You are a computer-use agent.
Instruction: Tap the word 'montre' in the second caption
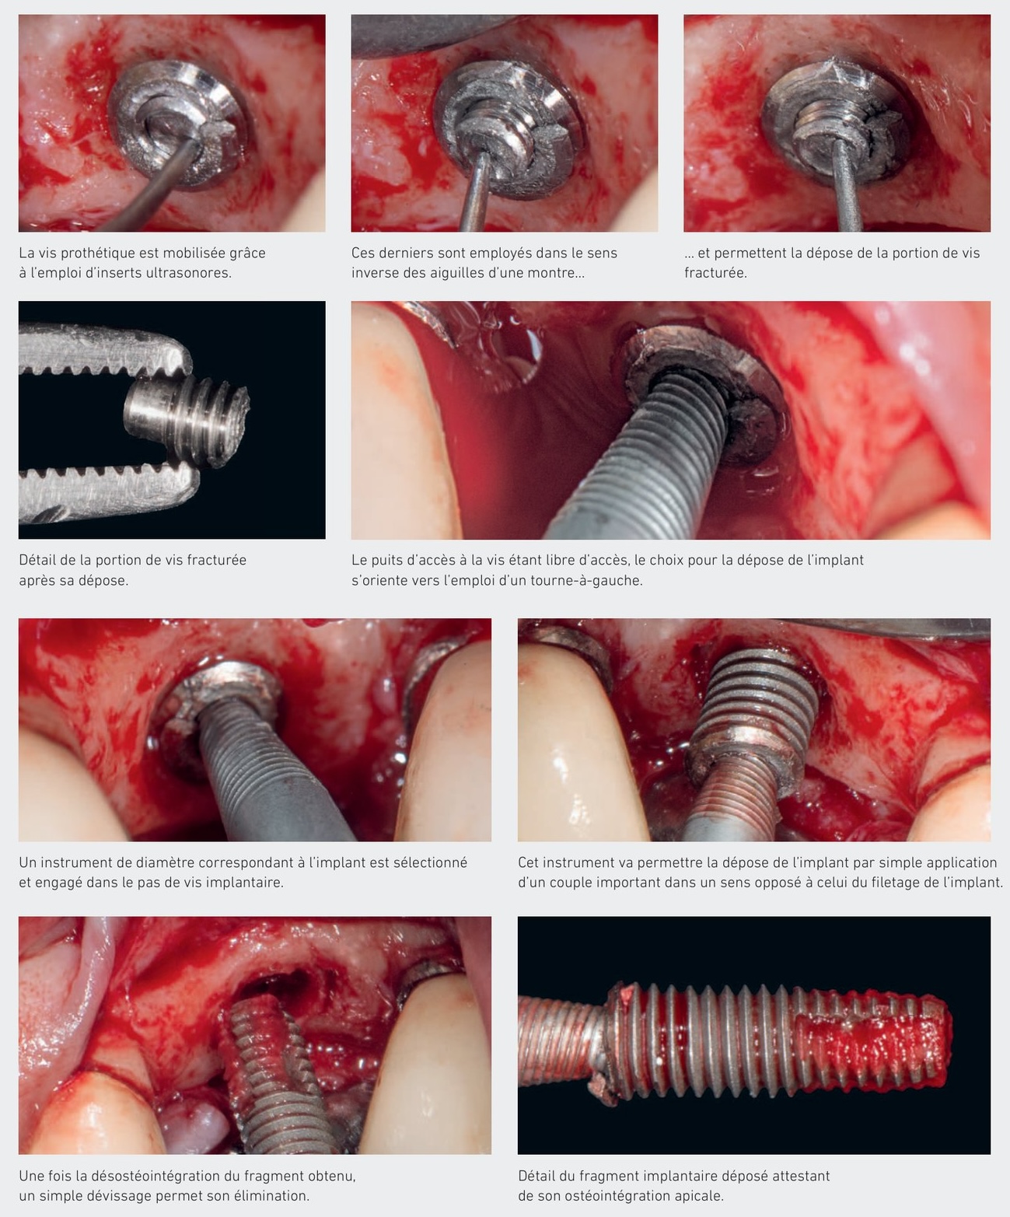pos(557,273)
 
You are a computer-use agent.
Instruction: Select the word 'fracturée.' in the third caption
pos(715,273)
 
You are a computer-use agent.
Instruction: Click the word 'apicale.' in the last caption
pos(697,1196)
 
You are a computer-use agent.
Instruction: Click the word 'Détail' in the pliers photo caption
pos(38,560)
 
